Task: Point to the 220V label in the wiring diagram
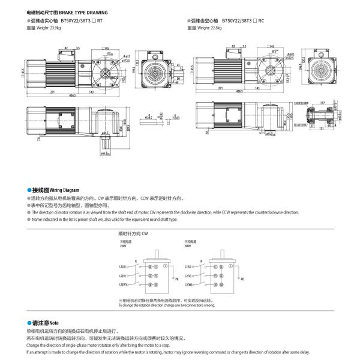[124, 246]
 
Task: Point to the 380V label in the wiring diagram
[187, 246]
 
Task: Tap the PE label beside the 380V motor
[241, 279]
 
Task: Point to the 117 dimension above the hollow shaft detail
[323, 103]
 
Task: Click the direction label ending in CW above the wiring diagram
[133, 232]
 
